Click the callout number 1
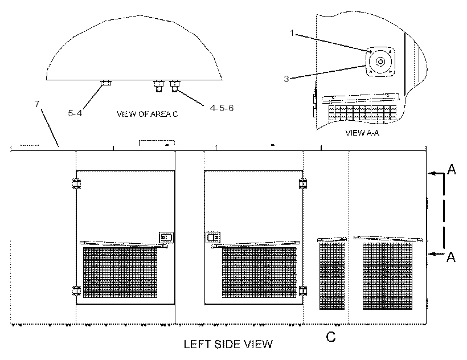click(292, 33)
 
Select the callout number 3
click(286, 79)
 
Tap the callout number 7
click(37, 104)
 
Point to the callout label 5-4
click(75, 113)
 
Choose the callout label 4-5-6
click(222, 108)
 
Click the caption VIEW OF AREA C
click(147, 114)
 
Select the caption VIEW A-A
click(362, 133)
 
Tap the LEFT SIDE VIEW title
click(228, 344)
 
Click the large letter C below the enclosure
click(331, 337)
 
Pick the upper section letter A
click(452, 169)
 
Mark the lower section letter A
click(451, 257)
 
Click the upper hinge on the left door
click(76, 184)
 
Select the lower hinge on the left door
click(76, 291)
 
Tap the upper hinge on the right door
click(303, 184)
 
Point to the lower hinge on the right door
click(303, 291)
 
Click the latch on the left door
click(166, 238)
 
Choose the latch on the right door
click(213, 238)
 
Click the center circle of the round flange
click(380, 62)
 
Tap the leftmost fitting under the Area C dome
click(106, 83)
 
